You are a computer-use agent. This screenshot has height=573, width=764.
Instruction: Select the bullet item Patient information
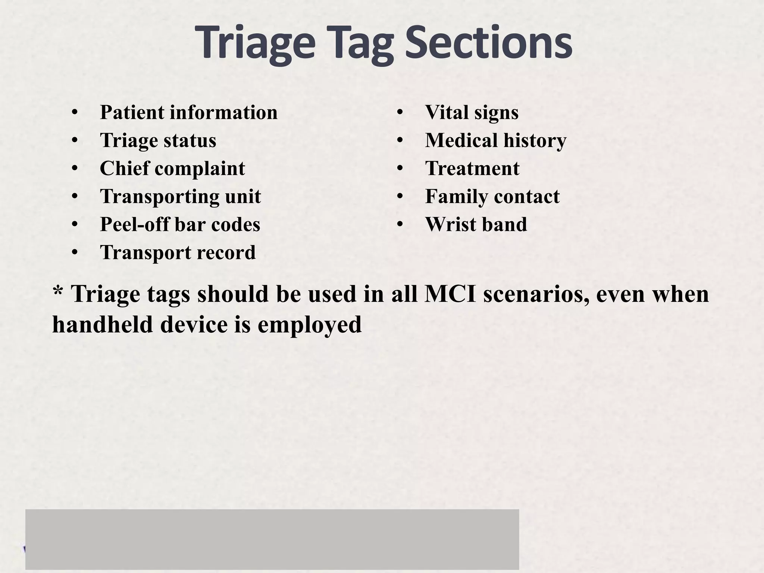[x=188, y=112]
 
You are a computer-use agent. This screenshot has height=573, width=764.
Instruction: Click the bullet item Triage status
[x=158, y=141]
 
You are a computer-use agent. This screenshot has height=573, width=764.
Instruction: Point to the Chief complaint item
[x=172, y=169]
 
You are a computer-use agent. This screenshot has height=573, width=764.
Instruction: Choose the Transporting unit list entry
[x=180, y=197]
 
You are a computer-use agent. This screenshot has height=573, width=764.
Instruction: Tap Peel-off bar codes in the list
[x=180, y=225]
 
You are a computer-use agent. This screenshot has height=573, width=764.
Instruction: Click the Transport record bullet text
[x=178, y=253]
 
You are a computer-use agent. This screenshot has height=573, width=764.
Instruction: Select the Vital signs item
[x=472, y=112]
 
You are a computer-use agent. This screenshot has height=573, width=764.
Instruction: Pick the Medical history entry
[x=495, y=141]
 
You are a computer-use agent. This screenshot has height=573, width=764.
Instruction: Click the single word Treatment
[x=472, y=169]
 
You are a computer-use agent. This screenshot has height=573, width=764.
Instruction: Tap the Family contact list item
[x=492, y=197]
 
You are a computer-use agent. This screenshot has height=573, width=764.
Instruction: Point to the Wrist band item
[x=476, y=225]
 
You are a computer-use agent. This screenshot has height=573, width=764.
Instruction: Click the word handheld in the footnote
[x=103, y=324]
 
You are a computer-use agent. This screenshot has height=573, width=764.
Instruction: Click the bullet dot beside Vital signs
[x=400, y=112]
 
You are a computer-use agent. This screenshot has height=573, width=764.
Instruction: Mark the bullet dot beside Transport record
[x=75, y=253]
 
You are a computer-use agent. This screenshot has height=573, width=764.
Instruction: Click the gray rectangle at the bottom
[x=272, y=539]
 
